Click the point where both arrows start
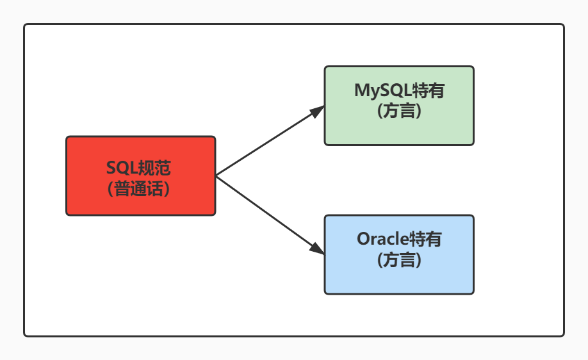click(216, 176)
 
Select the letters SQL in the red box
click(122, 168)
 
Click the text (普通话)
click(140, 188)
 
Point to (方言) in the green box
click(399, 111)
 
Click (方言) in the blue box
click(399, 259)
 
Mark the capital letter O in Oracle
click(363, 239)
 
